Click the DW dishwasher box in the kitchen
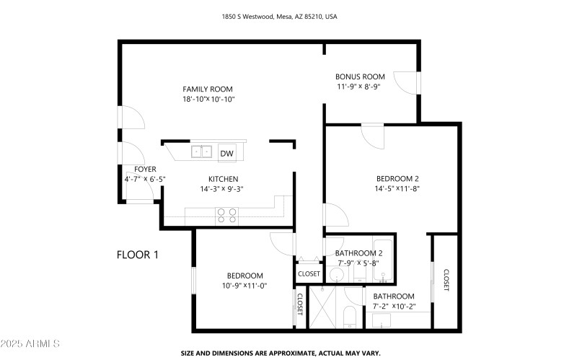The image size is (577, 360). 226,152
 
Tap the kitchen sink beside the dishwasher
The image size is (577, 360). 201,152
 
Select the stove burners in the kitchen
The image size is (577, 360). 228,214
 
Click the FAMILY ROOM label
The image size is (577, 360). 208,89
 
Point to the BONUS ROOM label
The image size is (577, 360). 360,76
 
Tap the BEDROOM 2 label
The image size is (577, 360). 397,178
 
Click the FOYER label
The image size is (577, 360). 136,169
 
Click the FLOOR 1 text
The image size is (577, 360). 137,255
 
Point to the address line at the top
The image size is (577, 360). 288,15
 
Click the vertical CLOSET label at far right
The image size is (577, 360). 446,281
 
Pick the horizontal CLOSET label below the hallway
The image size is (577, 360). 309,274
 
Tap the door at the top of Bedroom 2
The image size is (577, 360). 373,135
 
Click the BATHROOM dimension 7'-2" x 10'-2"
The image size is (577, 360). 394,307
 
